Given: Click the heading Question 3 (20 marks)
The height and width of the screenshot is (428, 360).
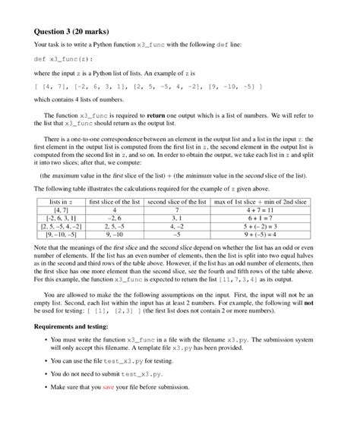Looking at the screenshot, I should (72, 32).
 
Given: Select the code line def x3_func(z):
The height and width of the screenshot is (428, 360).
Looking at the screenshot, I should (62, 58).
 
